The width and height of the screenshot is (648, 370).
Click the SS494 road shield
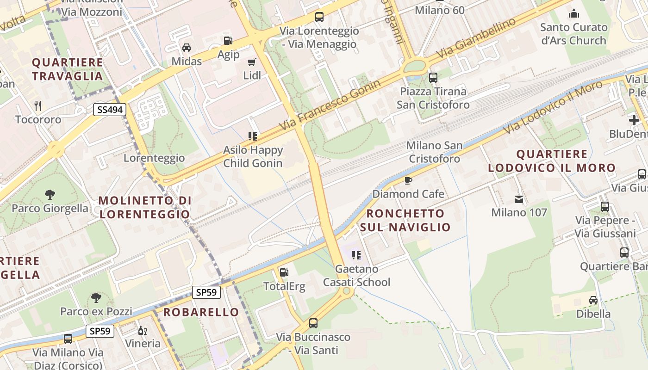[109, 110]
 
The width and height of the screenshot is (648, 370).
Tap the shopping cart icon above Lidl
[252, 62]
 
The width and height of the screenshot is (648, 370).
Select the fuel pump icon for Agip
[227, 41]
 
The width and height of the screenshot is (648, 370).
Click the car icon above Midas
[187, 47]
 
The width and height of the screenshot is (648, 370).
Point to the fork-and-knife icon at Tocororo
[38, 106]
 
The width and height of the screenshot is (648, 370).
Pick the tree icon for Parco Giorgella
[50, 194]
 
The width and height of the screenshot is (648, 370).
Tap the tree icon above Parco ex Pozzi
[96, 297]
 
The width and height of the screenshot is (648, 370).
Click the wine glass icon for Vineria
[143, 330]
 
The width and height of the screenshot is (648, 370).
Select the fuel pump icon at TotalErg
[284, 272]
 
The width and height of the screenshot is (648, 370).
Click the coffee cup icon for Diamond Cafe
[408, 180]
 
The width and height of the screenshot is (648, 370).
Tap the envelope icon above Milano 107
[519, 199]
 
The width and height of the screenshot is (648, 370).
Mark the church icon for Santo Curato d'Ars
[574, 13]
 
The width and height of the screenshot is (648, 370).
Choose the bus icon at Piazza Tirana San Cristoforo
[433, 78]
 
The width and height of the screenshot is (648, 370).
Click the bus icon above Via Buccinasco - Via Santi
[313, 323]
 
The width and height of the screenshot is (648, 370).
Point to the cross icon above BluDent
[634, 120]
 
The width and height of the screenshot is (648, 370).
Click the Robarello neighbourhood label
[201, 312]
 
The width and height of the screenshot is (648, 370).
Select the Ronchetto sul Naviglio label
[405, 220]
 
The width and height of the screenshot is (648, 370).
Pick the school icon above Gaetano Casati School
[356, 255]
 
